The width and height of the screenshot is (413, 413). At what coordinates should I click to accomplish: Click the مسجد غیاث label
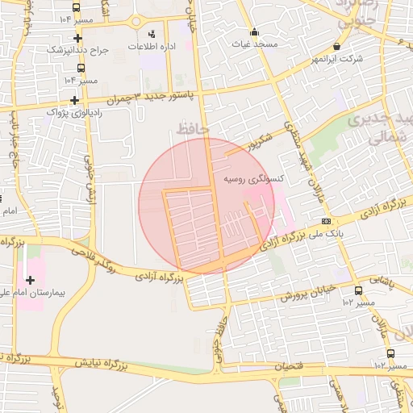tap(254, 44)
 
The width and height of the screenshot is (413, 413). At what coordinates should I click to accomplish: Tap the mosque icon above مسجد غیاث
tap(255, 32)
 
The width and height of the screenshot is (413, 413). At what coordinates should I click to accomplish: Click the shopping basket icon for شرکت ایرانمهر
tap(336, 48)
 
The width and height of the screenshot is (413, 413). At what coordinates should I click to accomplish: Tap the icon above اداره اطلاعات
tap(152, 34)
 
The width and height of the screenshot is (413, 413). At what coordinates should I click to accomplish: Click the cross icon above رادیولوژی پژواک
tap(75, 101)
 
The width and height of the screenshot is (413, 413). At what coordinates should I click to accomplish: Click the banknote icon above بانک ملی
tap(326, 221)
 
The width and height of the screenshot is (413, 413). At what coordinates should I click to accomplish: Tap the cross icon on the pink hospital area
tap(31, 280)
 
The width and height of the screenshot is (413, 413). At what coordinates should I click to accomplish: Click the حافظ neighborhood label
tap(191, 128)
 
